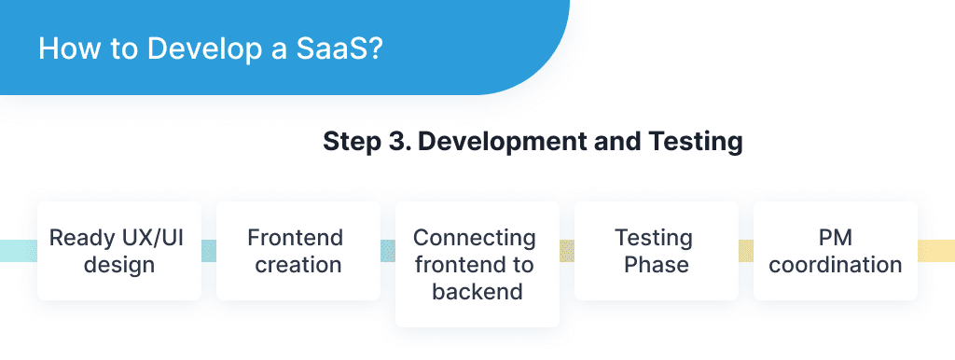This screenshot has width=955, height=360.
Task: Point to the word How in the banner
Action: point(65,48)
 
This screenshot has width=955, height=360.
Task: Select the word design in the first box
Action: point(119,264)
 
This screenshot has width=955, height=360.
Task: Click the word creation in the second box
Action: point(298,264)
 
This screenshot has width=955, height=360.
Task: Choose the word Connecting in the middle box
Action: point(475,237)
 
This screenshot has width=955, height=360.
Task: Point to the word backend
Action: point(477,291)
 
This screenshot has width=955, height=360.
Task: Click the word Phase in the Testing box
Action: point(657,264)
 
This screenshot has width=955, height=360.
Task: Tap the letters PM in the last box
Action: point(835,237)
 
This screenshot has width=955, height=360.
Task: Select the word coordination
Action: point(835,264)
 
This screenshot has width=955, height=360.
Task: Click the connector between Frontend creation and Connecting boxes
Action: point(387,250)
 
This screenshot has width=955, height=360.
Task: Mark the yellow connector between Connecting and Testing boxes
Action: point(566,250)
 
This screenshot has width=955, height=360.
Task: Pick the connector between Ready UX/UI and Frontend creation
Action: point(208,250)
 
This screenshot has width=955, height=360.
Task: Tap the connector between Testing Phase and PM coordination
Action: point(745,250)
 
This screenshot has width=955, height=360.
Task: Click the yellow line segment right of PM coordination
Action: point(935,250)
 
